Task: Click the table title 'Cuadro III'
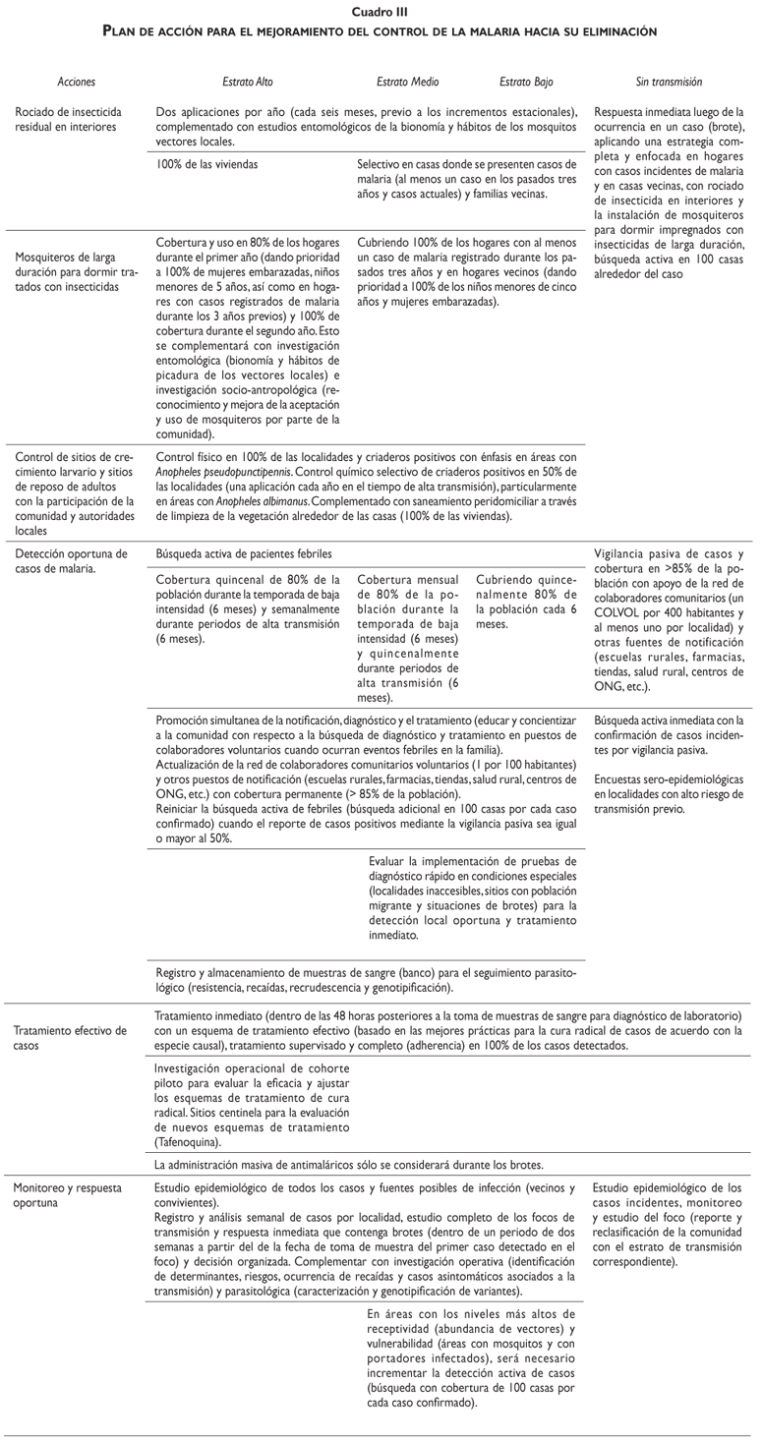pos(381,11)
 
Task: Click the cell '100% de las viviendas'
pos(207,165)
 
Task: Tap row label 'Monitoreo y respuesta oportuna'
pos(66,1194)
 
